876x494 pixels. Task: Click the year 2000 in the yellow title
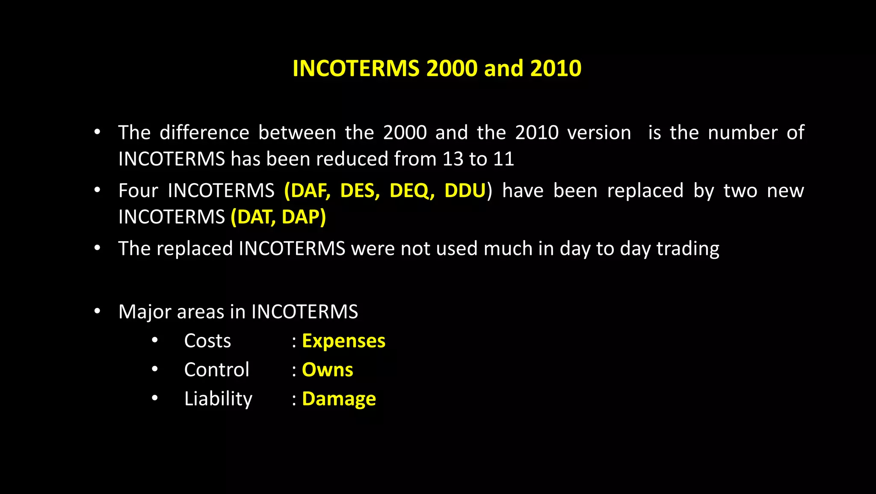coord(452,68)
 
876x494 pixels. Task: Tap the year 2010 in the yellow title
coord(556,68)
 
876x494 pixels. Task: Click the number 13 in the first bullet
coord(453,159)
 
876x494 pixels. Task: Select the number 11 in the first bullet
coord(503,159)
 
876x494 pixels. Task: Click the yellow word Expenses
coord(343,341)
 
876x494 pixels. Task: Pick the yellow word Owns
coord(327,370)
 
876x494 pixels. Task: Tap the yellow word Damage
coord(339,399)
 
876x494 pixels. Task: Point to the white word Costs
coord(207,341)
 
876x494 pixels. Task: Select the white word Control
coord(216,370)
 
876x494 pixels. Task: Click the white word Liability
coord(218,399)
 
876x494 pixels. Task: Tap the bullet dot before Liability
coord(155,398)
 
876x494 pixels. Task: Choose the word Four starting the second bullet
coord(138,191)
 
